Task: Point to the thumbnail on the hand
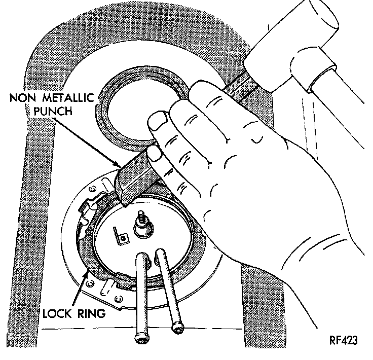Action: coord(159,122)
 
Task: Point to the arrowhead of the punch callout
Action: coord(119,166)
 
